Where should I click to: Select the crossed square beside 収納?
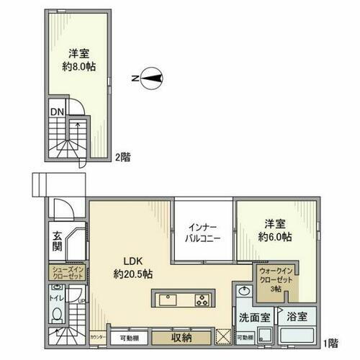pyautogui.click(x=223, y=336)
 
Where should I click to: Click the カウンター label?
pyautogui.click(x=97, y=336)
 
